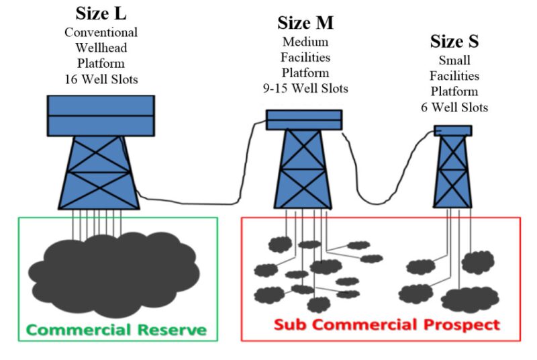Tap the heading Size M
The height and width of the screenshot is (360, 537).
(305, 23)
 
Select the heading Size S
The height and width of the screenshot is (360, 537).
(454, 42)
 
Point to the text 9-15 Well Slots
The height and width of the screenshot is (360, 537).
(305, 88)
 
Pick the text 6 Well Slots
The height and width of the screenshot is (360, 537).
(454, 107)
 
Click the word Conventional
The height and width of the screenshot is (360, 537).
(101, 32)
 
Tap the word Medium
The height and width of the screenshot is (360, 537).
(305, 42)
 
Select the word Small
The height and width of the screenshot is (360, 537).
(454, 60)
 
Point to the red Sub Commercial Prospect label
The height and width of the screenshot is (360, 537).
(387, 325)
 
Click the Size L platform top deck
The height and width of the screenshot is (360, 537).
(101, 116)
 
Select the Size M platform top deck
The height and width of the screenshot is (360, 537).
(304, 120)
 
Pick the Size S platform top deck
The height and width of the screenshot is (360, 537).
(452, 130)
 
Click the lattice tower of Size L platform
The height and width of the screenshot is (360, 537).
(101, 171)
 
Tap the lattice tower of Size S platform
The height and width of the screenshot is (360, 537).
(452, 171)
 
